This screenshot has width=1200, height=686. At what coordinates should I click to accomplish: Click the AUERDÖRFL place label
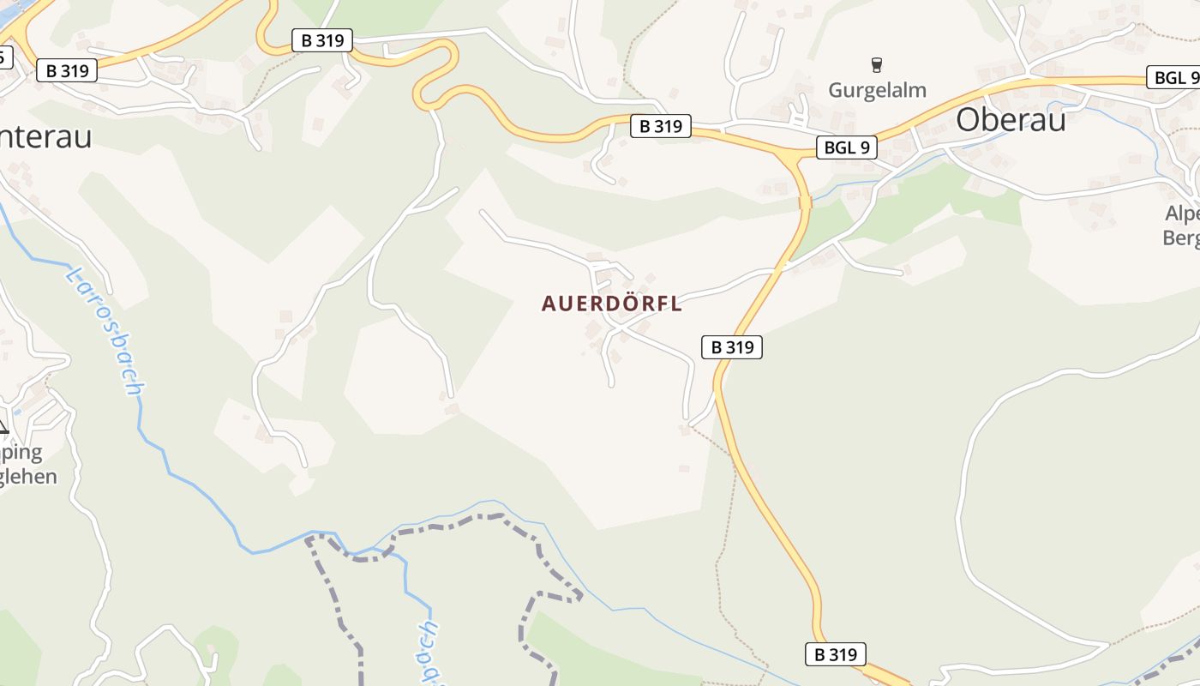tap(612, 304)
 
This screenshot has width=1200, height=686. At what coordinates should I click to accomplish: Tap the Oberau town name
tap(1011, 119)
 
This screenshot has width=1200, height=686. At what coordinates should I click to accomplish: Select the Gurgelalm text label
tap(877, 90)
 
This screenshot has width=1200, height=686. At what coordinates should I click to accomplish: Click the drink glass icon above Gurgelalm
tap(876, 64)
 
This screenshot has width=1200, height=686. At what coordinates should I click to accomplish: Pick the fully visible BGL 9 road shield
tap(846, 147)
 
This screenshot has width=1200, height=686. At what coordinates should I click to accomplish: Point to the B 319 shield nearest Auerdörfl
tap(732, 347)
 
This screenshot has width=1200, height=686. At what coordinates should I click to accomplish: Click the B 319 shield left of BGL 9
tap(661, 126)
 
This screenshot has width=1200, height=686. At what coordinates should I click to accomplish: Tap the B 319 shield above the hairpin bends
tap(322, 40)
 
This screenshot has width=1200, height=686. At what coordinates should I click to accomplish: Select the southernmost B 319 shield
tap(836, 654)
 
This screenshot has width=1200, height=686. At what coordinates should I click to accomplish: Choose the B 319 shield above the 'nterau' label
tap(67, 70)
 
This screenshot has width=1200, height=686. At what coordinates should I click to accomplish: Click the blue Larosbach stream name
tap(105, 331)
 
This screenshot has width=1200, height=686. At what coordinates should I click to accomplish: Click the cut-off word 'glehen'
tap(27, 477)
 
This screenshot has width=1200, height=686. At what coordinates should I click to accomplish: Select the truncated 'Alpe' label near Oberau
tap(1181, 214)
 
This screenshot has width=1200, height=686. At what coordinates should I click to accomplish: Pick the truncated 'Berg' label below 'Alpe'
tap(1181, 238)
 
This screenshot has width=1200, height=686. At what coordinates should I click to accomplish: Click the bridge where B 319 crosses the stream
tap(805, 203)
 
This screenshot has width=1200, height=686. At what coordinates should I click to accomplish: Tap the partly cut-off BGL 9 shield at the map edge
tap(1175, 78)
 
